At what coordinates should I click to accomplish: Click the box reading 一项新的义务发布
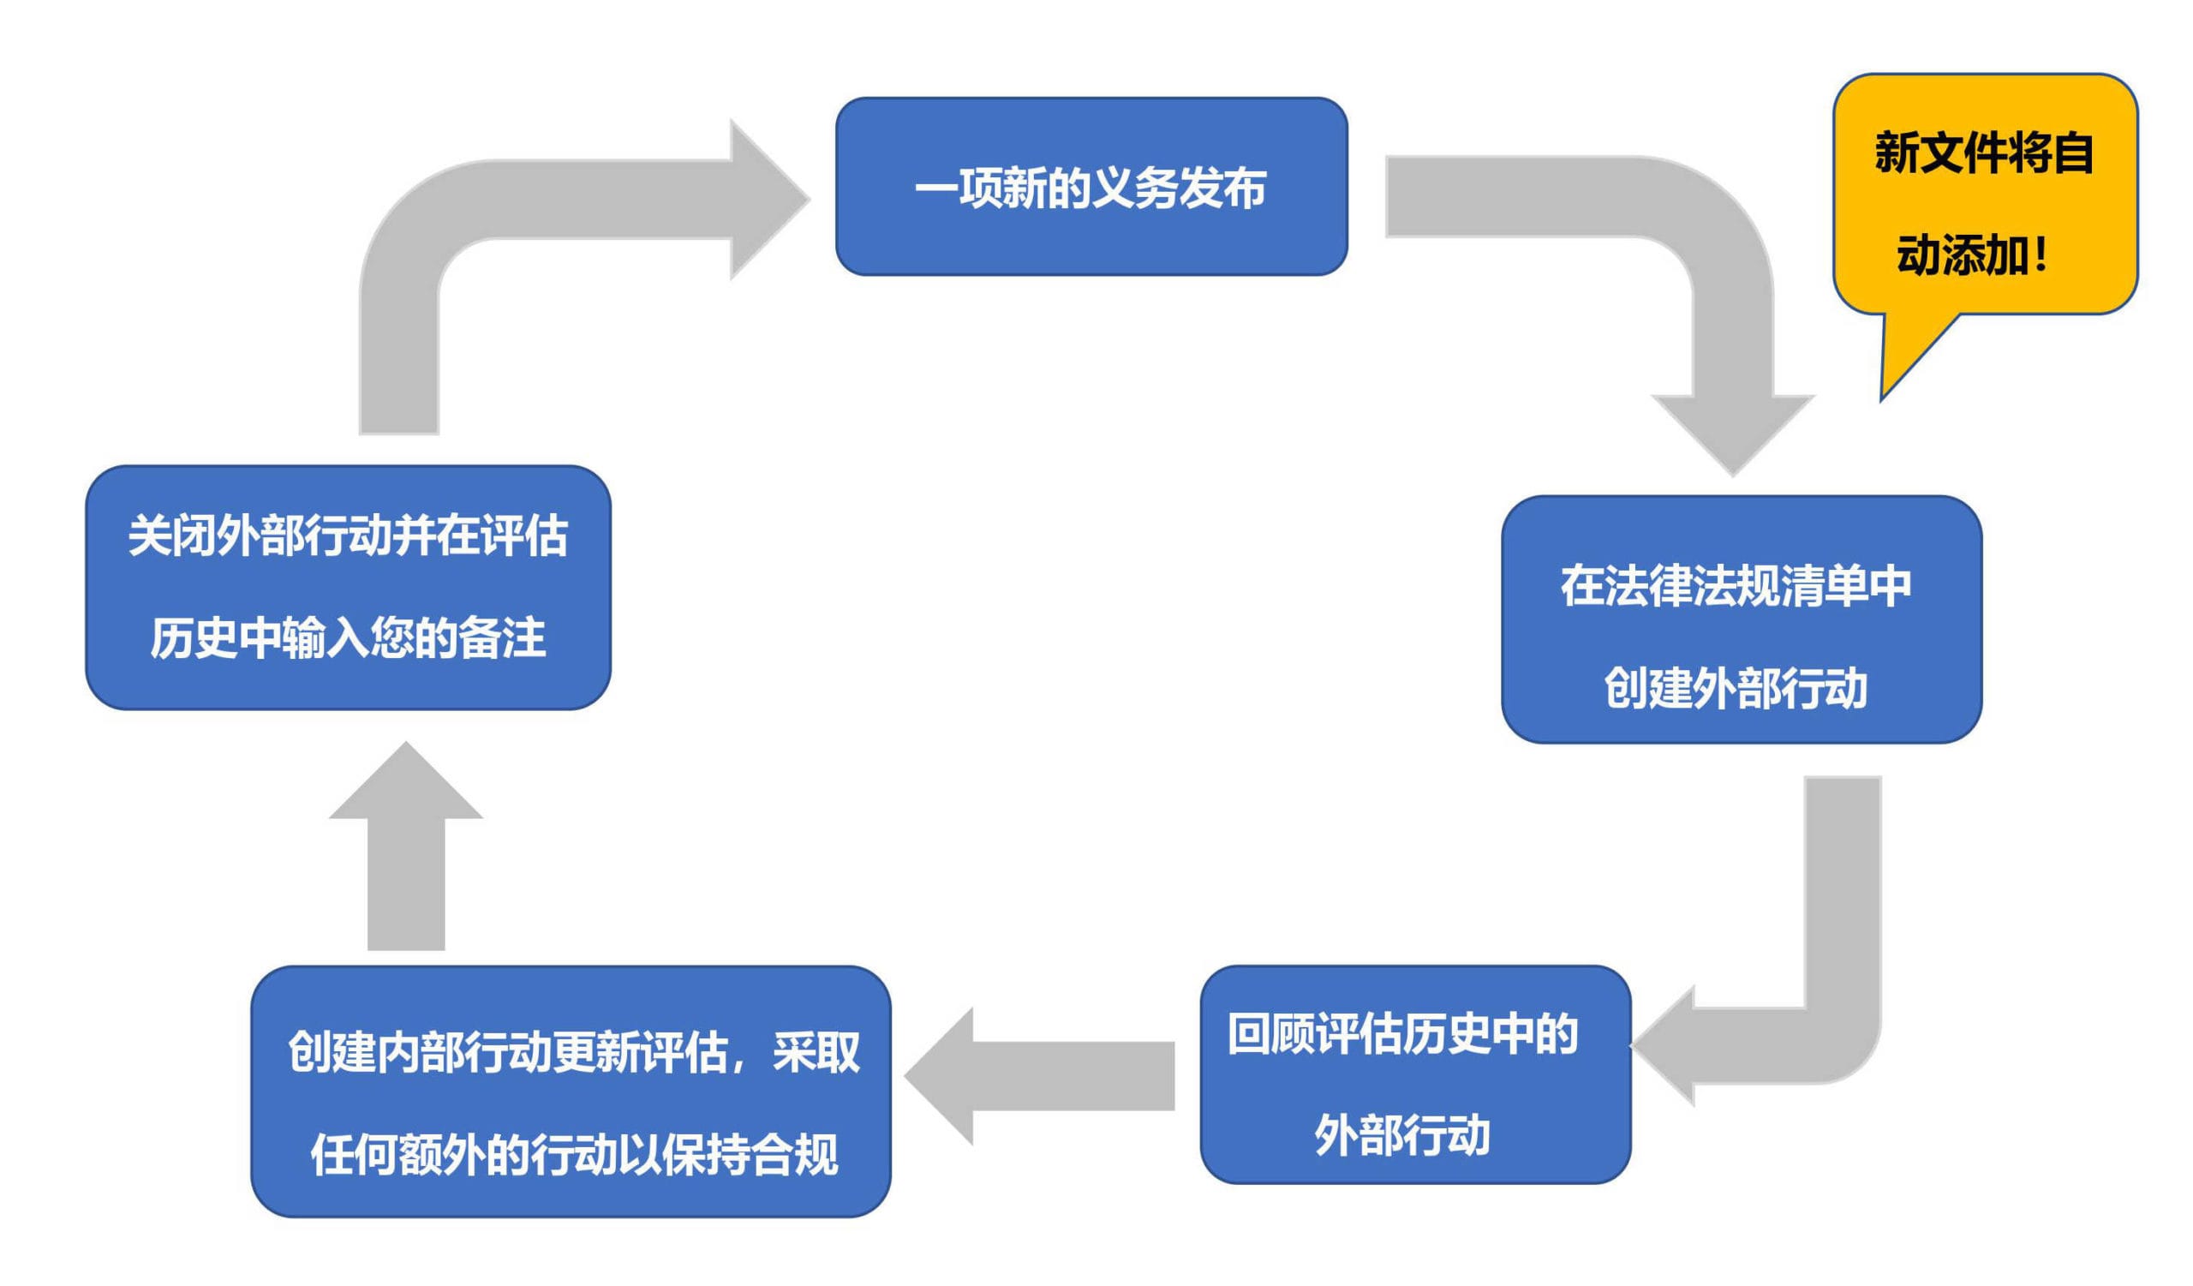coord(1091,186)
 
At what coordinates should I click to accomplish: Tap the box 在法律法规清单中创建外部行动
coord(1742,619)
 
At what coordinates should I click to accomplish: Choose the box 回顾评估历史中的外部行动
coord(1415,1074)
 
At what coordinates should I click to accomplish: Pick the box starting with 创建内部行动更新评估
coord(571,1092)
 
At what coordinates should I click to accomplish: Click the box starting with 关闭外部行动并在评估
coord(348,588)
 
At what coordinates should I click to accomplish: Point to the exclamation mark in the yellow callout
coord(2041,255)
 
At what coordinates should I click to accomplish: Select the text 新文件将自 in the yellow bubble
coord(1983,153)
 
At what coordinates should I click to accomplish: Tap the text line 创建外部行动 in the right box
coord(1736,688)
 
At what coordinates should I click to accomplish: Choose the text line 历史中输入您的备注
coord(348,637)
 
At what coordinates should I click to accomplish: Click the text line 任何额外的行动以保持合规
coord(574,1155)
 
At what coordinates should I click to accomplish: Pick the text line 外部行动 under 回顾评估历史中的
coord(1402,1134)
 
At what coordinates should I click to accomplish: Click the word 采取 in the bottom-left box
coord(816,1053)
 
